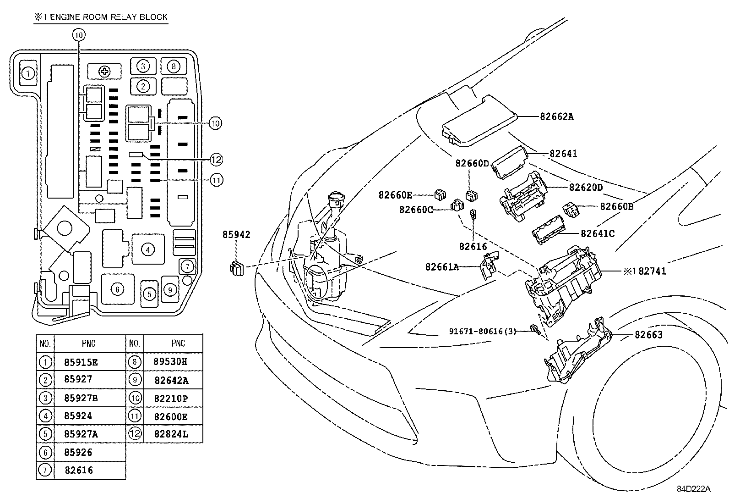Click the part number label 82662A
coord(556,116)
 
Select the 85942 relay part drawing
coord(236,268)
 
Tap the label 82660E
coord(395,195)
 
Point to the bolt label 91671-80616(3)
coord(483,331)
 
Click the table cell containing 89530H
coord(171,361)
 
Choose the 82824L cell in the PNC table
coord(171,434)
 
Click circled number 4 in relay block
coord(147,249)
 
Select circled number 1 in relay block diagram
coord(28,73)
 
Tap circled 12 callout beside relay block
coord(216,160)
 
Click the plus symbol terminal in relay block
coord(105,71)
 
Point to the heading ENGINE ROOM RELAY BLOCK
coord(101,17)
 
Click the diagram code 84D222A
coord(694,489)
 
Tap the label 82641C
coord(597,233)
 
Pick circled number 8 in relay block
coord(173,66)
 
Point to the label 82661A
coord(442,267)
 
